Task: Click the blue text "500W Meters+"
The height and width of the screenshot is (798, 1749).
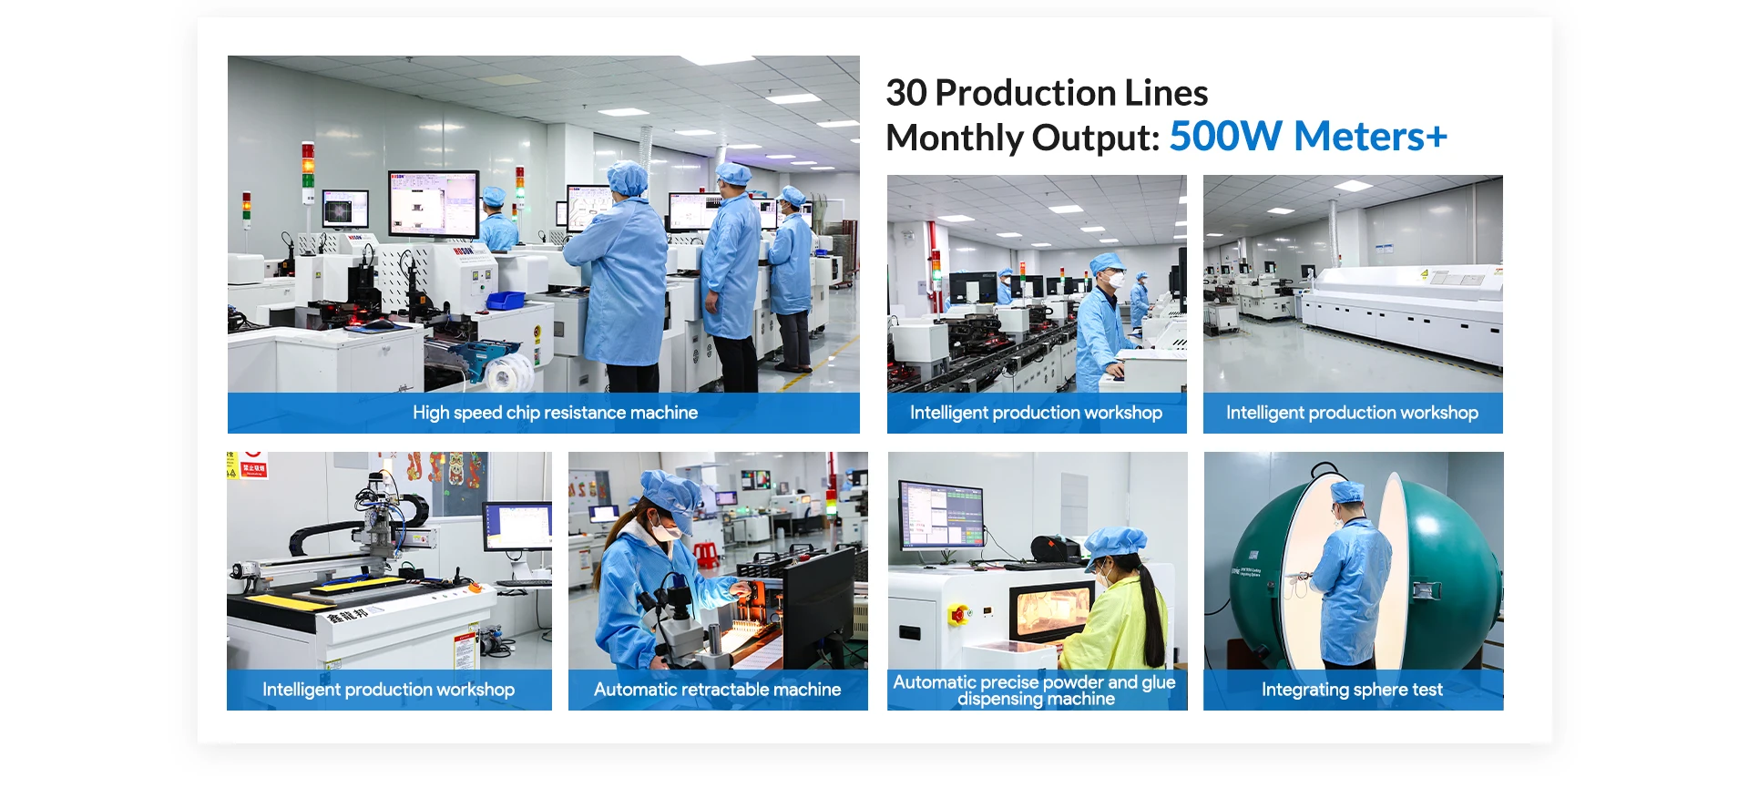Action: tap(1308, 137)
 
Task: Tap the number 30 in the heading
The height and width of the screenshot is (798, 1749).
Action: tap(906, 93)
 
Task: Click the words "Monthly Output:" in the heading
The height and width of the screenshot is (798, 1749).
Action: tap(1023, 138)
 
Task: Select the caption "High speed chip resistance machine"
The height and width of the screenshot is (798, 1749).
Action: tap(555, 413)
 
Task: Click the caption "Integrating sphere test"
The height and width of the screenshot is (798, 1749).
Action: tap(1352, 690)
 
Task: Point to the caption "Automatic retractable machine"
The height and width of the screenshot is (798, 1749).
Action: tap(717, 690)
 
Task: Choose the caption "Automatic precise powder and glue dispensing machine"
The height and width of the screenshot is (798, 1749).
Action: tap(1035, 691)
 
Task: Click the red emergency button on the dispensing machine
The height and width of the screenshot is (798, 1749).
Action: tap(957, 616)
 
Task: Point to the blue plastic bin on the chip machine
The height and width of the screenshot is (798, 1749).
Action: tap(506, 300)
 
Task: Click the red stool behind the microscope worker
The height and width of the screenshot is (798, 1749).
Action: tap(705, 554)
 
